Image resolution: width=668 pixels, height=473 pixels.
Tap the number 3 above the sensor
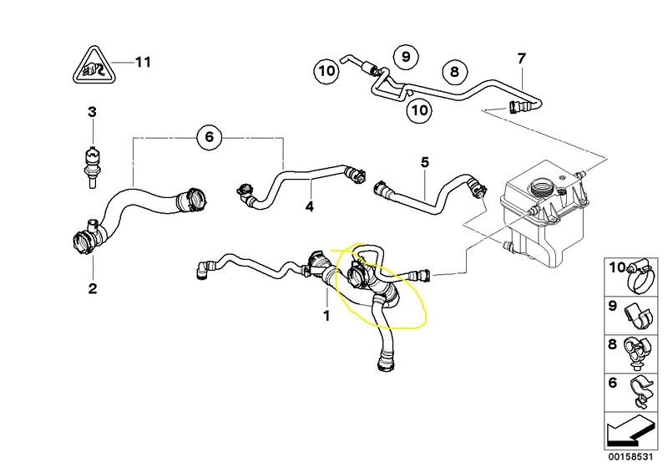93,111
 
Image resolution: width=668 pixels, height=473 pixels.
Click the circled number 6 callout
210,136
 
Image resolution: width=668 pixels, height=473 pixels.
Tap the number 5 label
424,162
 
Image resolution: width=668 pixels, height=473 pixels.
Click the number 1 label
326,316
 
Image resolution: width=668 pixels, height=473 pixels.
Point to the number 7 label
521,58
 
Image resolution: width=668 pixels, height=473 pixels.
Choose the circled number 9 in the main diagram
405,57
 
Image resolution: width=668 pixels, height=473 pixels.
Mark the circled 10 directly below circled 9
420,108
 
